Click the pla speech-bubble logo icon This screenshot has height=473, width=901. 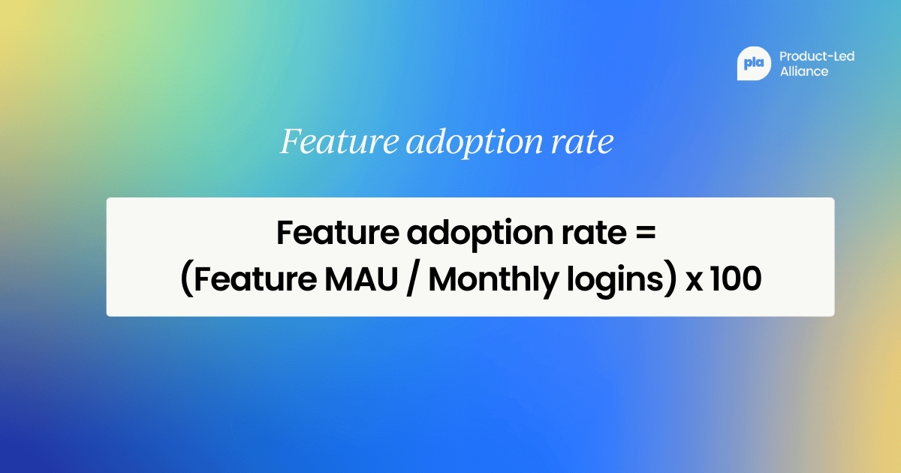753,64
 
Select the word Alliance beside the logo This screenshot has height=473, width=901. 804,72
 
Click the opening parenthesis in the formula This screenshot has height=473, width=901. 186,281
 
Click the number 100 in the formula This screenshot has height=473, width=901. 736,279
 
